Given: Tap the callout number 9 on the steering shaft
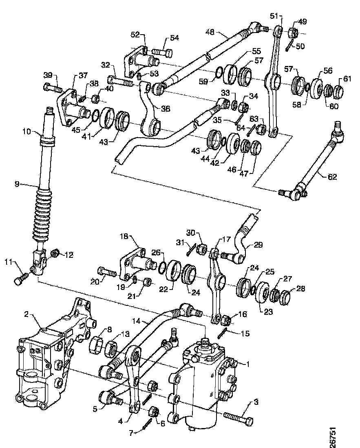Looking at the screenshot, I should coord(17,184).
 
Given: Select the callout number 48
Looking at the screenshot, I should coord(210,31).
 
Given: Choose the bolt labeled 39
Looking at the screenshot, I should coord(52,87).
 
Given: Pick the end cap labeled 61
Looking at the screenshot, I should coord(338,90).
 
